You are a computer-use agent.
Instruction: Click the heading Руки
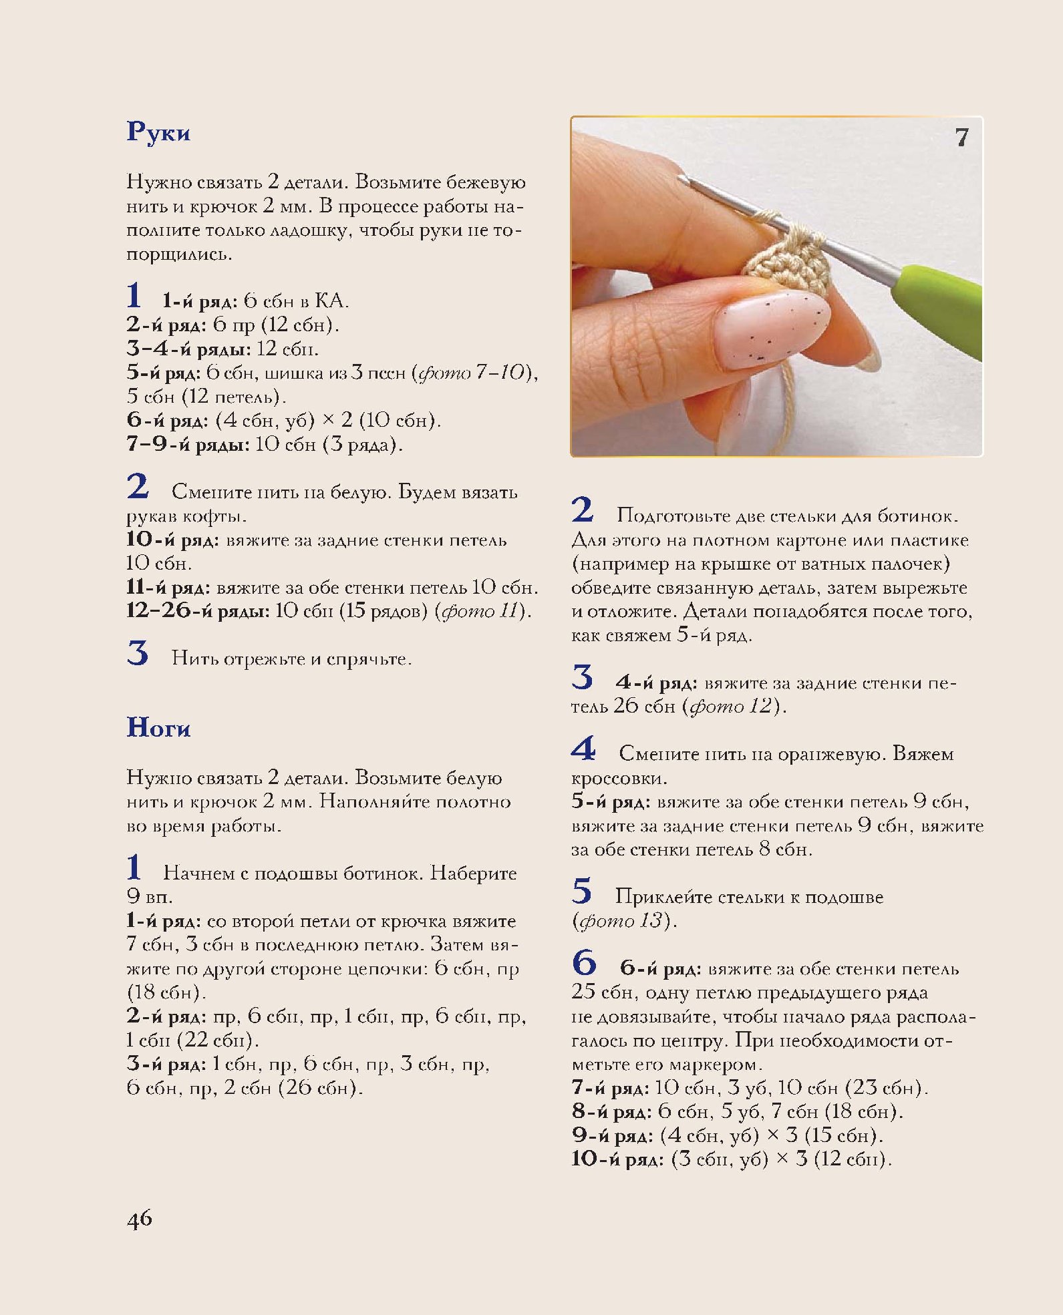[x=158, y=132]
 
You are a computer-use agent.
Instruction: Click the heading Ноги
[x=158, y=727]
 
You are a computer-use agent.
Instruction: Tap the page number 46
[x=140, y=1219]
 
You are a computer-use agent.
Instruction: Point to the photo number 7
[x=961, y=138]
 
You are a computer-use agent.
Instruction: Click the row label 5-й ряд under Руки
[x=163, y=373]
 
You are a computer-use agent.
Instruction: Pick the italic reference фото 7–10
[x=473, y=373]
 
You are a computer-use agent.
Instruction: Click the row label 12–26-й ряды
[x=197, y=611]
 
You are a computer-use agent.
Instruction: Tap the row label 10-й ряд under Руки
[x=172, y=540]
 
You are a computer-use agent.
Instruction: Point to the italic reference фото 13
[x=621, y=921]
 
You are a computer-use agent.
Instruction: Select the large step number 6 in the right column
[x=583, y=963]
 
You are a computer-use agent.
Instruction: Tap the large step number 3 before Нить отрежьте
[x=138, y=653]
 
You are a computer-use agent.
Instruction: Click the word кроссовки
[x=618, y=778]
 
